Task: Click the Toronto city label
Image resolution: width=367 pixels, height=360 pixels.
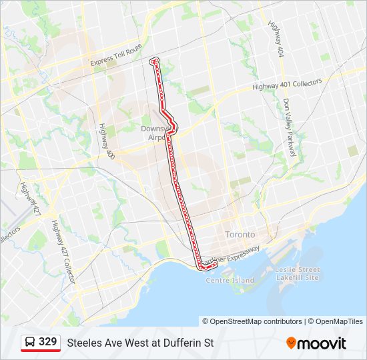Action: [240, 235]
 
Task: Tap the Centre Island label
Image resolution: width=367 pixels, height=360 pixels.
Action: [230, 280]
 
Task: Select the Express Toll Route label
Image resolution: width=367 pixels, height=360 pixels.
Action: [117, 56]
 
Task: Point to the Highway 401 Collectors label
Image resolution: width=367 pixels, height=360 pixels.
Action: [287, 85]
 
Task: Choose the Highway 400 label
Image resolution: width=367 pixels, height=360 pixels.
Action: [106, 141]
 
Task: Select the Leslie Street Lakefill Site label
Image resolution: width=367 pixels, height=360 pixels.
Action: [298, 273]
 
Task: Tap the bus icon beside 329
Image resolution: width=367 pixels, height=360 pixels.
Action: [30, 343]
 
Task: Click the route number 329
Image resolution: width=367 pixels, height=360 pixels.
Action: [48, 342]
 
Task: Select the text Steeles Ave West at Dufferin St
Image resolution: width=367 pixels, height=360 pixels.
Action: [140, 343]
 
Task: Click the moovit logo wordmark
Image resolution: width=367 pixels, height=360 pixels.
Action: [322, 343]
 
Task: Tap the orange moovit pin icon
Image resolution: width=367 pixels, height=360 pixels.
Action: [291, 343]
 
